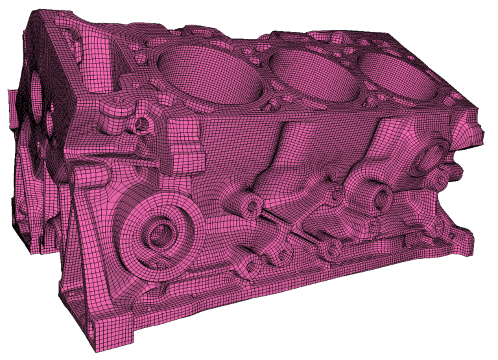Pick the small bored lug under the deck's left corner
pyautogui.click(x=137, y=123)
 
